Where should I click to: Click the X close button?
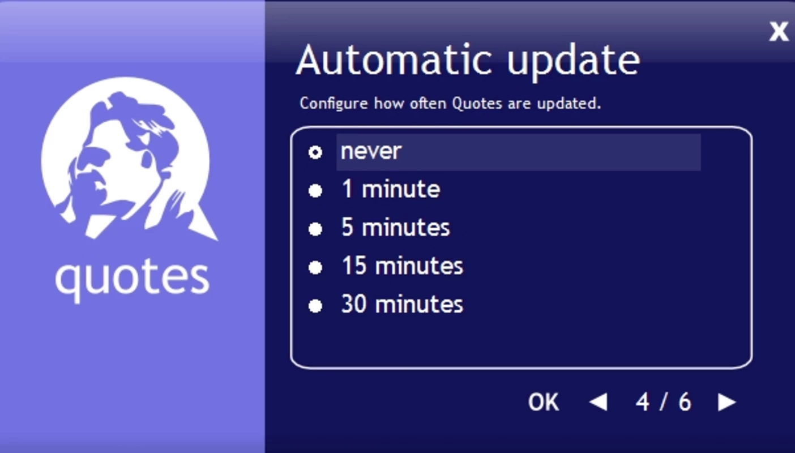coord(779,32)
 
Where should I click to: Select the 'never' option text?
coord(371,152)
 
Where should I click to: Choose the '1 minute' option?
coord(391,189)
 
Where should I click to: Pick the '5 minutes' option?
coord(395,227)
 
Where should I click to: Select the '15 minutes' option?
coord(402,266)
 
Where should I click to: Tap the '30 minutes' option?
coord(402,304)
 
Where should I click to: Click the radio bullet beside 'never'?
coord(315,153)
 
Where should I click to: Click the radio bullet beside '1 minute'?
coord(315,191)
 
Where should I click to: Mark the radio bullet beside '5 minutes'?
coord(315,229)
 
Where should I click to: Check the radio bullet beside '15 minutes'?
coord(315,268)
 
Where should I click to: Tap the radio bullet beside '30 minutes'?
coord(315,306)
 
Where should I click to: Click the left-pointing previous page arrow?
coord(599,402)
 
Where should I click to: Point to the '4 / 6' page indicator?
coord(663,402)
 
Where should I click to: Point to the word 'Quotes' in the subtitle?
coord(477,103)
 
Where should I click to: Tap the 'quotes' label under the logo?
coord(132,280)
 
